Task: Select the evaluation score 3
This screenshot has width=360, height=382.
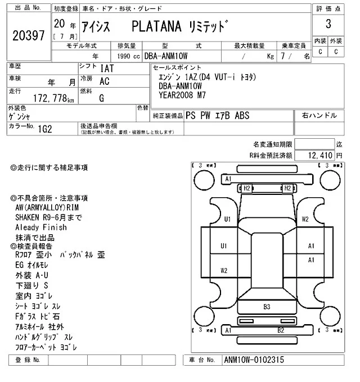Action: click(328, 24)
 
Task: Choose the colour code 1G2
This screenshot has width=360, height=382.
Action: click(46, 128)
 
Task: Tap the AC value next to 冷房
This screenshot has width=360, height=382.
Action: click(104, 81)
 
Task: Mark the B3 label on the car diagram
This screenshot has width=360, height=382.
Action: click(267, 307)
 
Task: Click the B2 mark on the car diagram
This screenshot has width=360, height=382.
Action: click(280, 330)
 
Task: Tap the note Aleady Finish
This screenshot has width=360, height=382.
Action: click(41, 228)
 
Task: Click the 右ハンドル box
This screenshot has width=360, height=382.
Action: click(319, 116)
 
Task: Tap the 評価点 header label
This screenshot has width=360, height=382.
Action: click(328, 9)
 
